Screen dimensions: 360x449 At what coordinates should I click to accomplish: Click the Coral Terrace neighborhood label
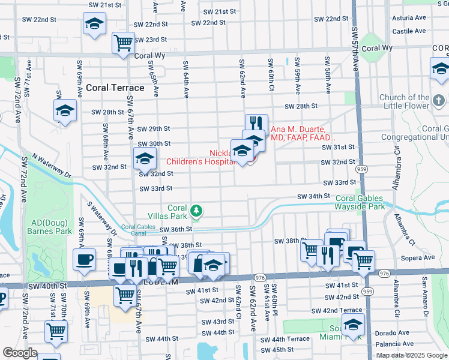click(115, 88)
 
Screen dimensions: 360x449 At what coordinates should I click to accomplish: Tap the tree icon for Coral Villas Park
click(196, 211)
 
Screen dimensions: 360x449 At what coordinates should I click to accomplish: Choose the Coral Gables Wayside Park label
click(368, 202)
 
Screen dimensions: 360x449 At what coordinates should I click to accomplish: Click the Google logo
click(20, 353)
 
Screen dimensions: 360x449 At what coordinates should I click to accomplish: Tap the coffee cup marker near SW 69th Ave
click(84, 259)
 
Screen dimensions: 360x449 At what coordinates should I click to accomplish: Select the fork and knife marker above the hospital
click(256, 122)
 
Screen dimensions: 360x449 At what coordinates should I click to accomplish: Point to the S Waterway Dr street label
click(102, 217)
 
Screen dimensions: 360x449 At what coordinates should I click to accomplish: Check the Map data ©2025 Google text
click(411, 355)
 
